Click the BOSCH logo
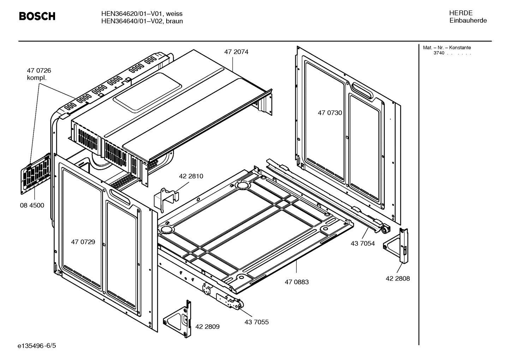pos(37,16)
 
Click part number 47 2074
pos(236,52)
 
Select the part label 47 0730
pos(330,113)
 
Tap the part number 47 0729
pos(83,242)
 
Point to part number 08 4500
pos(32,205)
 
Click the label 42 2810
pos(191,176)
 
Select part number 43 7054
pos(363,243)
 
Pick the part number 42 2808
pos(397,278)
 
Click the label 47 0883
pos(297,282)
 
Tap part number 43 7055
pos(256,322)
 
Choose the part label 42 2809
pos(207,327)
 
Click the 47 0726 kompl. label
pos(38,74)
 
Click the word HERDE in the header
pos(460,13)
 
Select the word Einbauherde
pos(468,20)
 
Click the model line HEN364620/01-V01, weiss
pos(142,14)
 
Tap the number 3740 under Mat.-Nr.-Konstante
pos(439,53)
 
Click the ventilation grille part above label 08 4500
pos(35,175)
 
